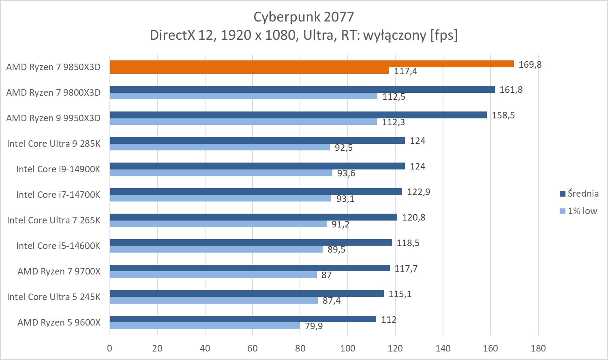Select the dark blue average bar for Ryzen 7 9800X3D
[302, 90]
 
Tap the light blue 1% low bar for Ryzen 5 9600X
[205, 326]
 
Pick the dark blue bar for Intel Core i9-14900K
[257, 166]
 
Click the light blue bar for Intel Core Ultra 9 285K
[220, 147]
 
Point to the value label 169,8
[530, 64]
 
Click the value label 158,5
[503, 115]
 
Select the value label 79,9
[314, 326]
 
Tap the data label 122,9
[418, 192]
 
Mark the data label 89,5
[336, 249]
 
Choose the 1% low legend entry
[582, 210]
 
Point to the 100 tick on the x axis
[347, 348]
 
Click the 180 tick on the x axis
[538, 348]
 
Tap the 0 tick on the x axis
[109, 348]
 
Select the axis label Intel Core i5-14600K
[58, 246]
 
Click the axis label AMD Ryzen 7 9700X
[59, 271]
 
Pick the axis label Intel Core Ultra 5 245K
[54, 297]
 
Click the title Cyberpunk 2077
[304, 17]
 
